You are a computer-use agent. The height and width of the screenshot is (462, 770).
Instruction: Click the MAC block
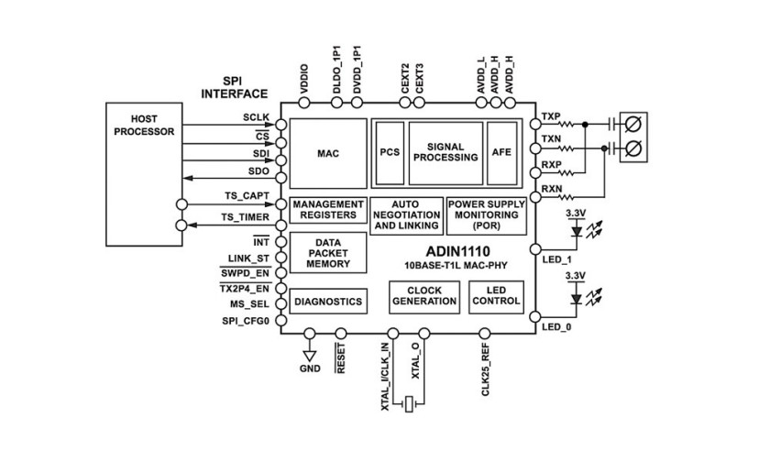328,153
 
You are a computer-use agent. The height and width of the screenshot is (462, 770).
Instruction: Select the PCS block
390,153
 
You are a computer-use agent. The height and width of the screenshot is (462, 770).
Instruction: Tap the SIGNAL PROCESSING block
445,153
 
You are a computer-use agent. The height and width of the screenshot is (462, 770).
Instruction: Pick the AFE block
502,153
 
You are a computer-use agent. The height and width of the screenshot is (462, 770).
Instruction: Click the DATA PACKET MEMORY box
328,253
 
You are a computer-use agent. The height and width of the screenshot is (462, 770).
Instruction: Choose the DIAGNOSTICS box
328,302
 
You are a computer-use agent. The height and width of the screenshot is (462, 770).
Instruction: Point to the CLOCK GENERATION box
424,297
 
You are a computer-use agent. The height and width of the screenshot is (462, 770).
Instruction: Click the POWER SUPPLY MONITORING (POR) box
486,215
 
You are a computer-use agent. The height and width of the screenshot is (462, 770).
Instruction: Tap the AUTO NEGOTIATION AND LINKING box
406,216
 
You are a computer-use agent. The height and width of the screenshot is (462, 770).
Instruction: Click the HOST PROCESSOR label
144,126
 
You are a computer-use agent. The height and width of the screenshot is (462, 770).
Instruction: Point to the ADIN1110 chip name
457,251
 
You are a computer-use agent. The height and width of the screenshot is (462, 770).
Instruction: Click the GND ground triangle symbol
310,356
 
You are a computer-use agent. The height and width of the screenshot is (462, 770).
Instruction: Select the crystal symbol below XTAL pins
409,404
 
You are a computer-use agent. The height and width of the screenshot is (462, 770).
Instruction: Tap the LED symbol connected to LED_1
577,231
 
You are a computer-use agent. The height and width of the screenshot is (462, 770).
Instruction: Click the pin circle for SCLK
280,125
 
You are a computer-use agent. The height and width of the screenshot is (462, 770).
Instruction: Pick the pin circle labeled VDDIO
304,103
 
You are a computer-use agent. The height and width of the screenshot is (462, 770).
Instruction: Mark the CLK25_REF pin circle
485,334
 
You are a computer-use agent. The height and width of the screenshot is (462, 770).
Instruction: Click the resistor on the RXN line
566,197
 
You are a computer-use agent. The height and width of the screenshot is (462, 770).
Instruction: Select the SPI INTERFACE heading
235,87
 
